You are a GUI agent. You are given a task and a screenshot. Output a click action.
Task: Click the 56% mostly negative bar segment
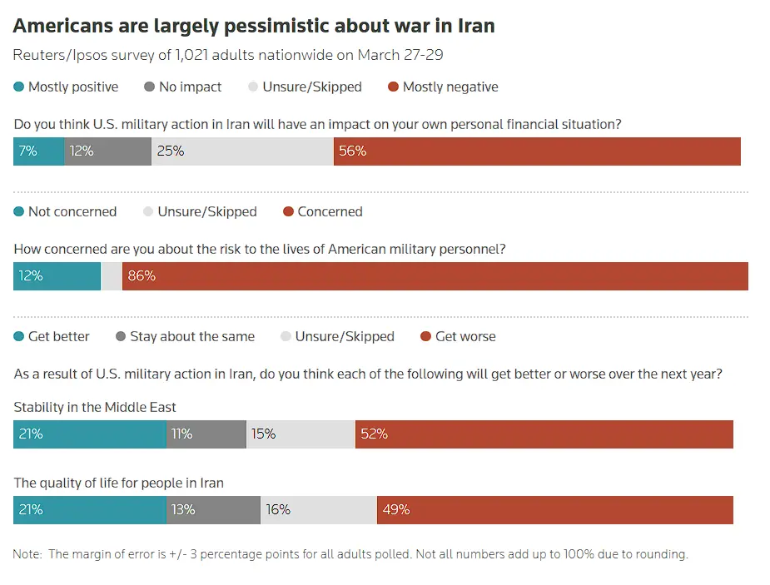pyautogui.click(x=537, y=151)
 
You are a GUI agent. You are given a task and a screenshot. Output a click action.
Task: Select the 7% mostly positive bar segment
pyautogui.click(x=38, y=151)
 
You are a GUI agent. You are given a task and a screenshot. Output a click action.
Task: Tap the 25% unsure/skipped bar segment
pyautogui.click(x=242, y=151)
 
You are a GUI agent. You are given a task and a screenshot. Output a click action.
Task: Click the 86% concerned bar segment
pyautogui.click(x=435, y=276)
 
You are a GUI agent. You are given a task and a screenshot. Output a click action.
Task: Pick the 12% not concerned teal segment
pyautogui.click(x=57, y=276)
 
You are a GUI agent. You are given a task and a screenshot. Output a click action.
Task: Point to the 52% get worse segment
pyautogui.click(x=544, y=434)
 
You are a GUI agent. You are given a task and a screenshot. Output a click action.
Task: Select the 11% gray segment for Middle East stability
pyautogui.click(x=206, y=434)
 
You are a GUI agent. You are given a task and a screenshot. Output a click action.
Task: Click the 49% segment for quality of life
pyautogui.click(x=554, y=509)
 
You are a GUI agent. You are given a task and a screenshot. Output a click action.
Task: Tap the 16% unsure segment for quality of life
pyautogui.click(x=318, y=509)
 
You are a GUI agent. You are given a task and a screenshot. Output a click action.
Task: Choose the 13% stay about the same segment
pyautogui.click(x=213, y=509)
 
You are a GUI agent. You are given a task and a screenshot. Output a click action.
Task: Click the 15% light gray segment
pyautogui.click(x=301, y=434)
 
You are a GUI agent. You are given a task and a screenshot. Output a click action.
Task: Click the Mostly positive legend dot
pyautogui.click(x=19, y=87)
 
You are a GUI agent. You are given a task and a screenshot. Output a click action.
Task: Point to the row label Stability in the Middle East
pyautogui.click(x=95, y=408)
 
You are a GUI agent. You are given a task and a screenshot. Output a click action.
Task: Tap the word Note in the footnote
pyautogui.click(x=27, y=554)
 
